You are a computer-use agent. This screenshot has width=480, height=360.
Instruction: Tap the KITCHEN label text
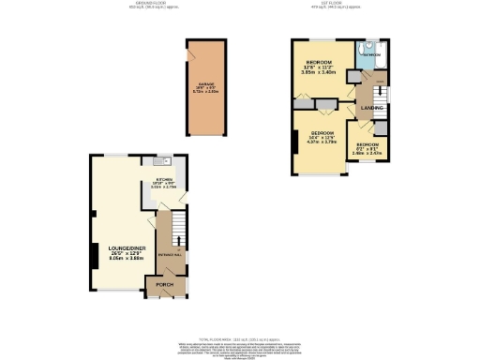pos(162,178)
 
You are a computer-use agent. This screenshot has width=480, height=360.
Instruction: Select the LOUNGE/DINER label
pos(121,247)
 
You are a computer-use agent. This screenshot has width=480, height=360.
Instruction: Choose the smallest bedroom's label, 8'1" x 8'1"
pos(366,148)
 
